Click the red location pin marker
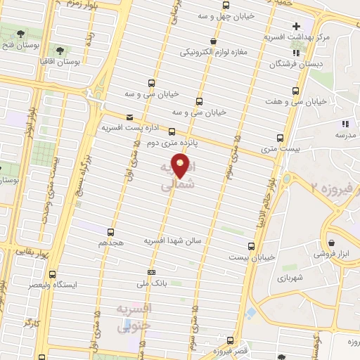[181, 167]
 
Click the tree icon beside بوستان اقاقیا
[60, 51]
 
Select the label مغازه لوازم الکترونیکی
[214, 52]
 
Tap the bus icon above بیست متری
[281, 138]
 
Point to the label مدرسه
[344, 134]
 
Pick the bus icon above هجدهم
[110, 231]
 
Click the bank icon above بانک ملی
[150, 272]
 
